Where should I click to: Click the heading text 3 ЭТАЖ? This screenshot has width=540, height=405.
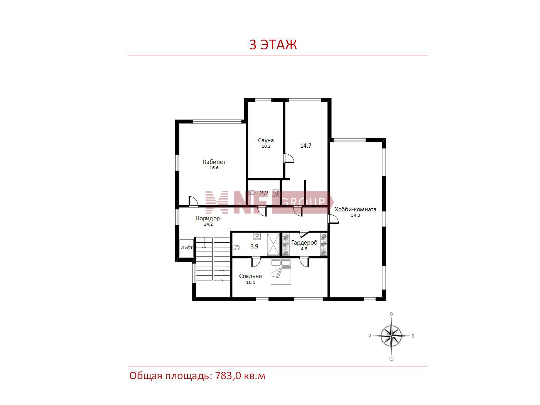[273, 44]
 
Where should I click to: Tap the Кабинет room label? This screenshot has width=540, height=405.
[214, 162]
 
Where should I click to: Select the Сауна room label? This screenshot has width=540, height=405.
[266, 140]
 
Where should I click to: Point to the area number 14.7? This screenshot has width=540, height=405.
[305, 145]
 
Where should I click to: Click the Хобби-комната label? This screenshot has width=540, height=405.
[355, 209]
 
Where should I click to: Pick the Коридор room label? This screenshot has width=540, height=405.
[208, 218]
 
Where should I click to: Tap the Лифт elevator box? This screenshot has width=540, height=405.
[186, 248]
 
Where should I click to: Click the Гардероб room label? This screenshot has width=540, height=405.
[304, 243]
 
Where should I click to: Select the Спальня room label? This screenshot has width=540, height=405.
[250, 276]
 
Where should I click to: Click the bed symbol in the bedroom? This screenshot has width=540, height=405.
[281, 272]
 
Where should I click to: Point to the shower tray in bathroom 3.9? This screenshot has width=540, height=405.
[273, 244]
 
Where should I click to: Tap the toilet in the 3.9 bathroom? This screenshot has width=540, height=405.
[236, 247]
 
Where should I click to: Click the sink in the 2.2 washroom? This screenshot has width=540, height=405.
[275, 193]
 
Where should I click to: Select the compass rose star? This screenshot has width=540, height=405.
[391, 336]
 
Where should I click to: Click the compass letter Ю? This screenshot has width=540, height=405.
[391, 359]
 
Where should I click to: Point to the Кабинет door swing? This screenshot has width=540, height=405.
[193, 201]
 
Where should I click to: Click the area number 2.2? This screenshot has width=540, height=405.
[264, 193]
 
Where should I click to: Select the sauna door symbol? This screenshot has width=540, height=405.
[289, 158]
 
